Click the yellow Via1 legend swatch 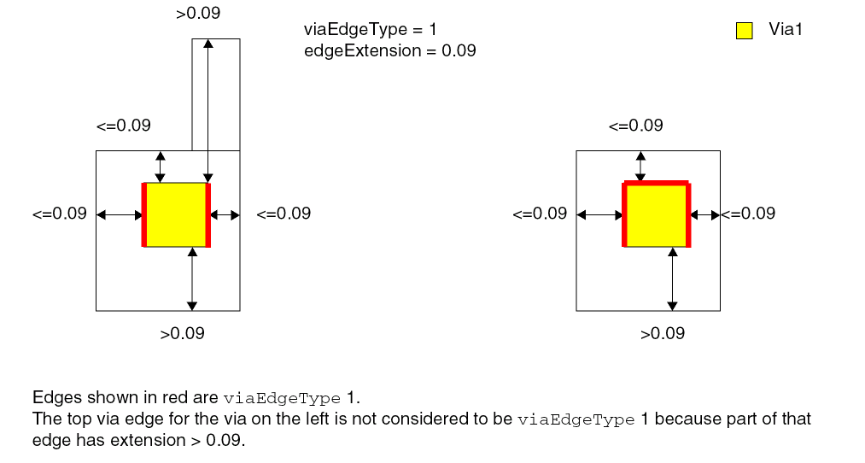(x=745, y=31)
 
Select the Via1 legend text (x=786, y=29)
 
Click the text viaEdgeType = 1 (x=370, y=29)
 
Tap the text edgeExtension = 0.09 (x=390, y=50)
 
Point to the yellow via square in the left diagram (x=176, y=214)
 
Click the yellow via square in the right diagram (x=657, y=215)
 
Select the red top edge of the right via (x=657, y=183)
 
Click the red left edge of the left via (x=144, y=214)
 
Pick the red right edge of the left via (x=208, y=214)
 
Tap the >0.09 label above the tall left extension (x=198, y=14)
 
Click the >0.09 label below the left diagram (x=183, y=333)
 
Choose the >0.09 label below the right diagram (x=663, y=333)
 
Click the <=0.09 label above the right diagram (x=636, y=126)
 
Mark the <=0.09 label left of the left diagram (x=60, y=214)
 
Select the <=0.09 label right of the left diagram (x=283, y=214)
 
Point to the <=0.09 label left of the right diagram (x=540, y=214)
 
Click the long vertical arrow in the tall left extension (x=208, y=111)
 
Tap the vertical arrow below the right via (x=673, y=279)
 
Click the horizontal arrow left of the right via (x=599, y=214)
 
